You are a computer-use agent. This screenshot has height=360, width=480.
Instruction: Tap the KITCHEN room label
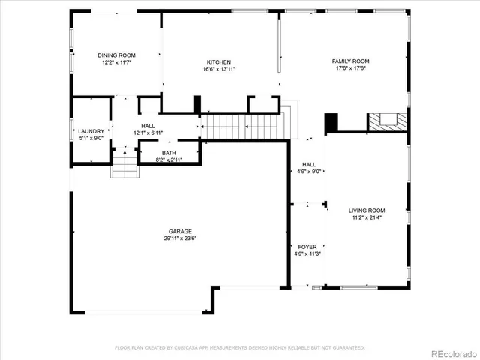[219, 61]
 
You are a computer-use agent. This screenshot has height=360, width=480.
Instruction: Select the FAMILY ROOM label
[351, 61]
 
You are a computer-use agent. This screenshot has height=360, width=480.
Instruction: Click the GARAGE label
[180, 231]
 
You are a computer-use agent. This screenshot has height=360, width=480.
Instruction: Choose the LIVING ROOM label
[367, 211]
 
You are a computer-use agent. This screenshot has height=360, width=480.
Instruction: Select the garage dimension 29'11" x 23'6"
[180, 238]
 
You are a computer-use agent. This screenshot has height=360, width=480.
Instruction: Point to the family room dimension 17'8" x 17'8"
[351, 69]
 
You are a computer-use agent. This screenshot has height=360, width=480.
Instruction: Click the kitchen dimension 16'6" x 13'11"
[219, 69]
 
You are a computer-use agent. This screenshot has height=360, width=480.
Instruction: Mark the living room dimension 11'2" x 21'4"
[367, 218]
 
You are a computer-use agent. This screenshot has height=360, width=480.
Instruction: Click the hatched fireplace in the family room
[387, 121]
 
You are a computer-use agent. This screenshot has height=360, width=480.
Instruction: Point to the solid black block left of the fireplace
[331, 121]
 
